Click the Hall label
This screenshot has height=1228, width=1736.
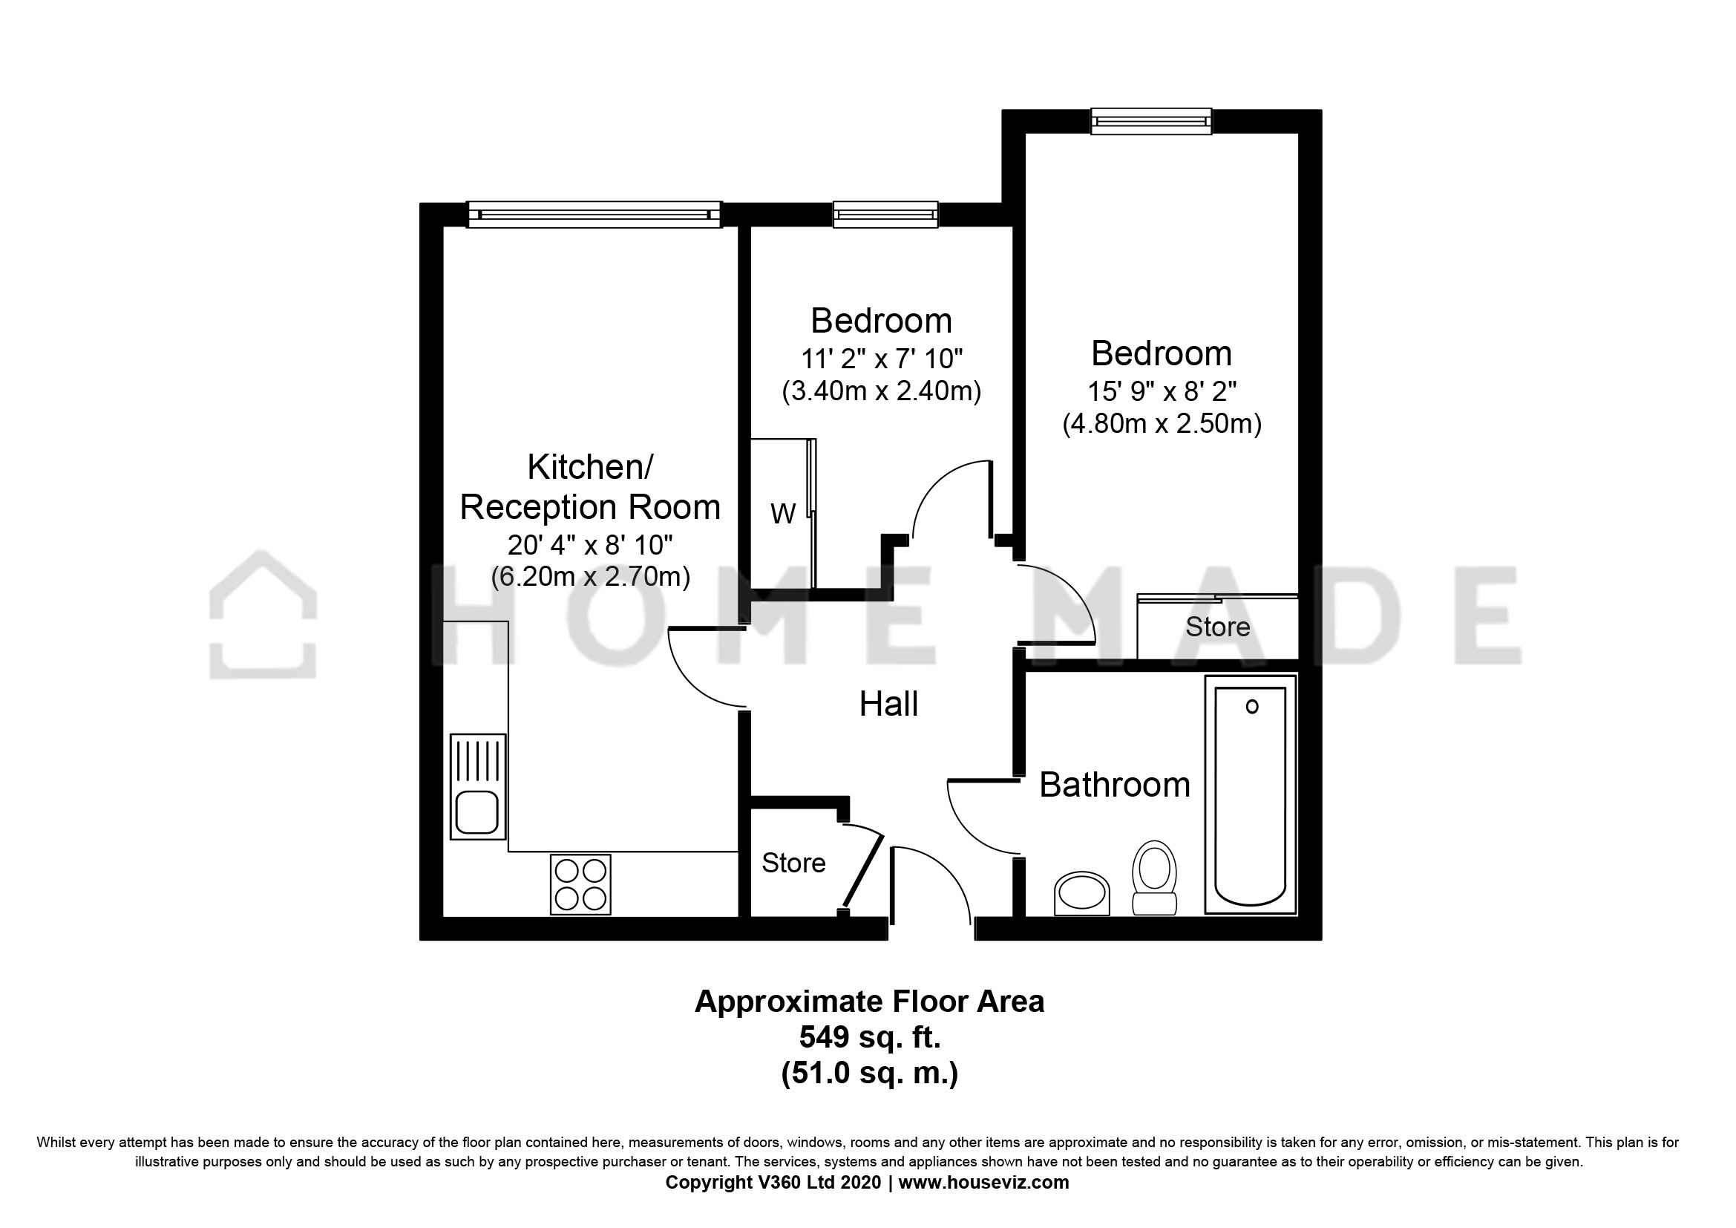coord(888,705)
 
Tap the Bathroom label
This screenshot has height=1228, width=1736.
coord(1115,785)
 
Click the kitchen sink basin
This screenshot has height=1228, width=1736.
coord(477,812)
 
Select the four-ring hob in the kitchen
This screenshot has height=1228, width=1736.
coord(580,884)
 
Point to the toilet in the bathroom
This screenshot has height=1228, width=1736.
coord(1155,877)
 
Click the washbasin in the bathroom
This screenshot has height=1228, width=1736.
coord(1081,893)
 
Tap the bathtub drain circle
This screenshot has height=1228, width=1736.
coord(1252,707)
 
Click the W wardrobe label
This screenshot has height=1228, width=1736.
coord(782,515)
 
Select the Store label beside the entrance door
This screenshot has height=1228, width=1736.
coord(793,863)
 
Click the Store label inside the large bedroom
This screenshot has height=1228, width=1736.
coord(1217,627)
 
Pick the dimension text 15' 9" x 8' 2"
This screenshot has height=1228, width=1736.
coord(1162,392)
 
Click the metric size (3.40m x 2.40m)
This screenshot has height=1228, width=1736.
coord(882,392)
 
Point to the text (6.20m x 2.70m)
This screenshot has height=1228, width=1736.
coord(591,577)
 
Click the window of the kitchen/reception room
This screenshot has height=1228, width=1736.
coord(595,214)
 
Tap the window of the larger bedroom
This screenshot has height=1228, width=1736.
coord(1151,121)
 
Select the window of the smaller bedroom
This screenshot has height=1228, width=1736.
coord(885,214)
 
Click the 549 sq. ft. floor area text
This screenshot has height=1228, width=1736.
coord(870,1037)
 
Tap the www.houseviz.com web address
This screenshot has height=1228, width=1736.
coord(983,1183)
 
